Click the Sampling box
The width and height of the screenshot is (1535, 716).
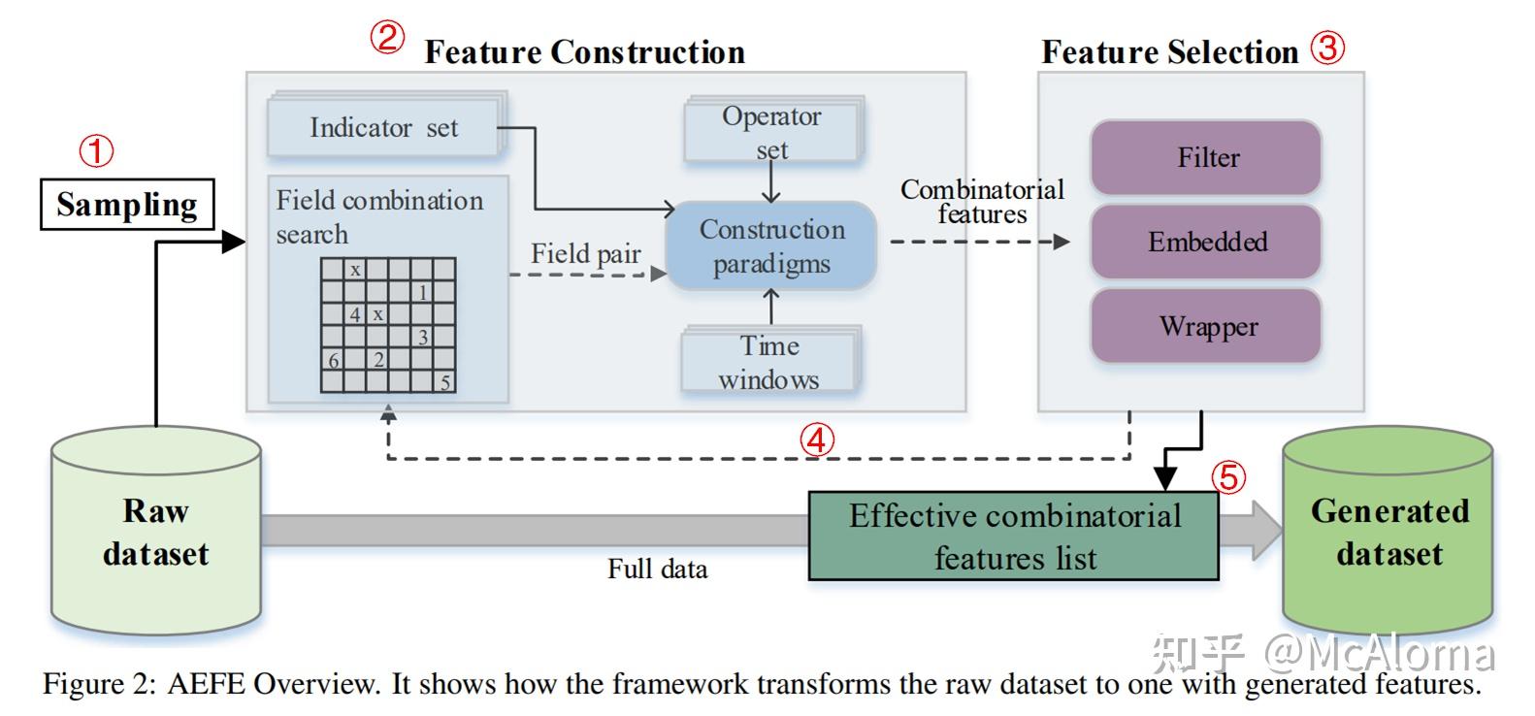point(127,205)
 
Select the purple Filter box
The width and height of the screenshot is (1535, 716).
point(1206,157)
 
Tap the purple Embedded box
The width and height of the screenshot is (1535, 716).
point(1206,242)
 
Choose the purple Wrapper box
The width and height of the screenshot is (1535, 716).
point(1206,326)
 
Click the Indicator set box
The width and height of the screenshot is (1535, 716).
point(383,128)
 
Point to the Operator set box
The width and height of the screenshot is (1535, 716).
point(771,133)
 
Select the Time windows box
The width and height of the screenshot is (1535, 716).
point(770,362)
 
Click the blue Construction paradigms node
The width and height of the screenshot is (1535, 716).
point(771,246)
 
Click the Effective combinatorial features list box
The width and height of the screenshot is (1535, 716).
point(1013,537)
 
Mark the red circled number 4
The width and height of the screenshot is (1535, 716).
point(816,439)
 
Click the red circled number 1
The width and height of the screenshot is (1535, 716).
point(96,150)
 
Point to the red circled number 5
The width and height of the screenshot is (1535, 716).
point(1228,476)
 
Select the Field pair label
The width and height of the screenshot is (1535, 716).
point(585,254)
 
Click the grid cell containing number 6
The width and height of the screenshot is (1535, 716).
point(333,360)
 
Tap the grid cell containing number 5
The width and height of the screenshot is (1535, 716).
point(445,381)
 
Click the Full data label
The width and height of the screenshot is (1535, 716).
point(657,569)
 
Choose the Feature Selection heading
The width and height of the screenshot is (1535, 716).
point(1169,51)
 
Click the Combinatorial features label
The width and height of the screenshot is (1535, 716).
point(981,202)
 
